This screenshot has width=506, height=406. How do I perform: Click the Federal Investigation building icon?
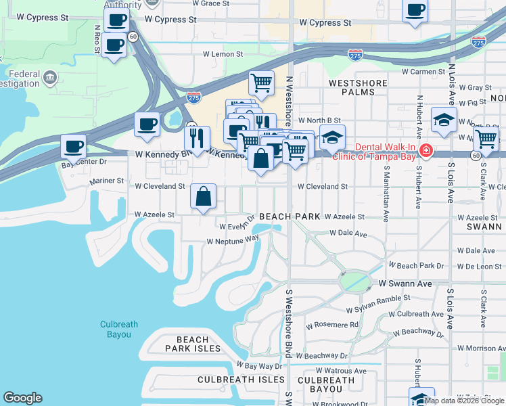point(49,78)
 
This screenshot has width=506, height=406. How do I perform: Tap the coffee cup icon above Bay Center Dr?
point(74,146)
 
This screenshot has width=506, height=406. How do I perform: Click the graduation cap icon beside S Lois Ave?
point(443,119)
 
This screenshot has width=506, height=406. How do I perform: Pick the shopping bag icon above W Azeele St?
point(203,197)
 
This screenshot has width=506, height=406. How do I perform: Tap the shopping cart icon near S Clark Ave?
point(485,139)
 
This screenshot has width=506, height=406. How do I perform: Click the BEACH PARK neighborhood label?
point(289,217)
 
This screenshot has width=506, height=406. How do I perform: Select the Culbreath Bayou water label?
point(119,329)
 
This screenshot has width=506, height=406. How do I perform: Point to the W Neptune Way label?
point(233,240)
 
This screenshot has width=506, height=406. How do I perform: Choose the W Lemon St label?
point(223,54)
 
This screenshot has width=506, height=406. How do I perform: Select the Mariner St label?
point(107,181)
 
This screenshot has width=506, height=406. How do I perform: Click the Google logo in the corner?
point(22,398)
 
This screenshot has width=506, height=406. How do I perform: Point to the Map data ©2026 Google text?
point(465,401)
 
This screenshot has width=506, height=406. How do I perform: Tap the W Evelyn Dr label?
point(235,223)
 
